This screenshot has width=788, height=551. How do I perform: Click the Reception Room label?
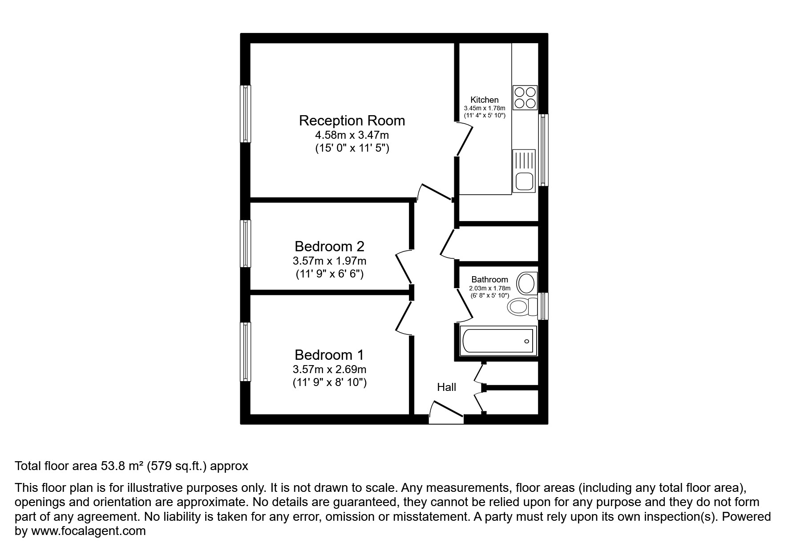352,121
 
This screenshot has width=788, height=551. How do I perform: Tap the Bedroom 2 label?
329,246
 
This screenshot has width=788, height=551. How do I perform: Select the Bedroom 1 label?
329,355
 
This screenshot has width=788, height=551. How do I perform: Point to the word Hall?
446,387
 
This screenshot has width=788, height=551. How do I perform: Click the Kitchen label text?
485,100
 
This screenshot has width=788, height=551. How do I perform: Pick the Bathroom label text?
489,279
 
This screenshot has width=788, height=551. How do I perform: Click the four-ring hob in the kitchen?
525,98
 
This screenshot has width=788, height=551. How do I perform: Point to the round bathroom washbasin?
526,283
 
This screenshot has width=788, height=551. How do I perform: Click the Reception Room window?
246,114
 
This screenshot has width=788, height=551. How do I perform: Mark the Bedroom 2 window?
246,243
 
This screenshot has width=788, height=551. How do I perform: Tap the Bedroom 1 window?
246,352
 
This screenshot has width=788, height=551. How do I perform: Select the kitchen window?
543,150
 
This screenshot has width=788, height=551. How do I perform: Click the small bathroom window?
543,306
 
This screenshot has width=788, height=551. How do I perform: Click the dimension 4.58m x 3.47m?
352,135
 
